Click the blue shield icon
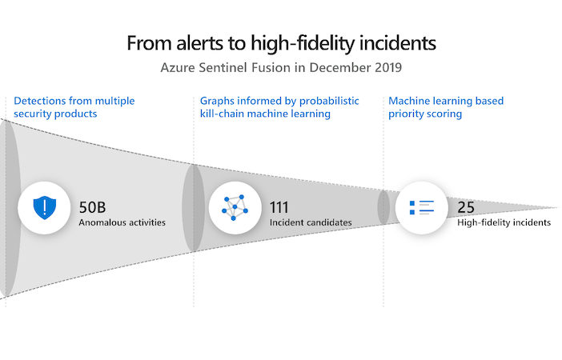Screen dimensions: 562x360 (x=45, y=207)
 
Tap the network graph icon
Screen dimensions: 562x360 (x=235, y=208)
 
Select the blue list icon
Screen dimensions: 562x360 (x=421, y=207)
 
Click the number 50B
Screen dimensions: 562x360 (x=92, y=207)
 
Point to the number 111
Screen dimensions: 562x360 (x=279, y=207)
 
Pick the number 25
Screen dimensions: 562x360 (x=466, y=207)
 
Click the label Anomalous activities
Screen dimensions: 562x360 (x=122, y=222)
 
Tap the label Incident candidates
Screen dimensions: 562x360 (x=311, y=222)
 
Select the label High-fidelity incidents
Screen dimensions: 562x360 (x=504, y=222)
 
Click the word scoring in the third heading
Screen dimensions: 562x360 (x=445, y=114)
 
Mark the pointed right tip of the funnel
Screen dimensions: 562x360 (x=559, y=207)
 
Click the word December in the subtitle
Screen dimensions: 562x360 (x=339, y=67)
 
